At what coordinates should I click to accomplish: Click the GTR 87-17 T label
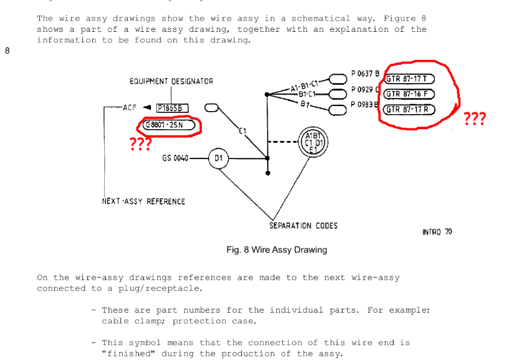[409, 79]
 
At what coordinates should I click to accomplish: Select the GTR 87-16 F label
[409, 94]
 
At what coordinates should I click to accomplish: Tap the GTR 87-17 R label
[409, 110]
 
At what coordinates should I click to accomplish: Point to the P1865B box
[172, 108]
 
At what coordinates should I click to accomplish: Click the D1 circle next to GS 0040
[218, 158]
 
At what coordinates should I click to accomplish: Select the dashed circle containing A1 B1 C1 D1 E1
[311, 142]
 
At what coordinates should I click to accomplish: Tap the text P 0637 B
[365, 74]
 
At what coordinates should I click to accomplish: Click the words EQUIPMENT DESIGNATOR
[171, 82]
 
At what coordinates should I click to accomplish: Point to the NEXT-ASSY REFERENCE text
[143, 202]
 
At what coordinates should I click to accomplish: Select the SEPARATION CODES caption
[303, 225]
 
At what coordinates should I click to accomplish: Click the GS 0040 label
[175, 158]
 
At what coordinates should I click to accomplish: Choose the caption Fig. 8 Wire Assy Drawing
[276, 250]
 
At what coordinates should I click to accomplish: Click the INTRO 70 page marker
[437, 232]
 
